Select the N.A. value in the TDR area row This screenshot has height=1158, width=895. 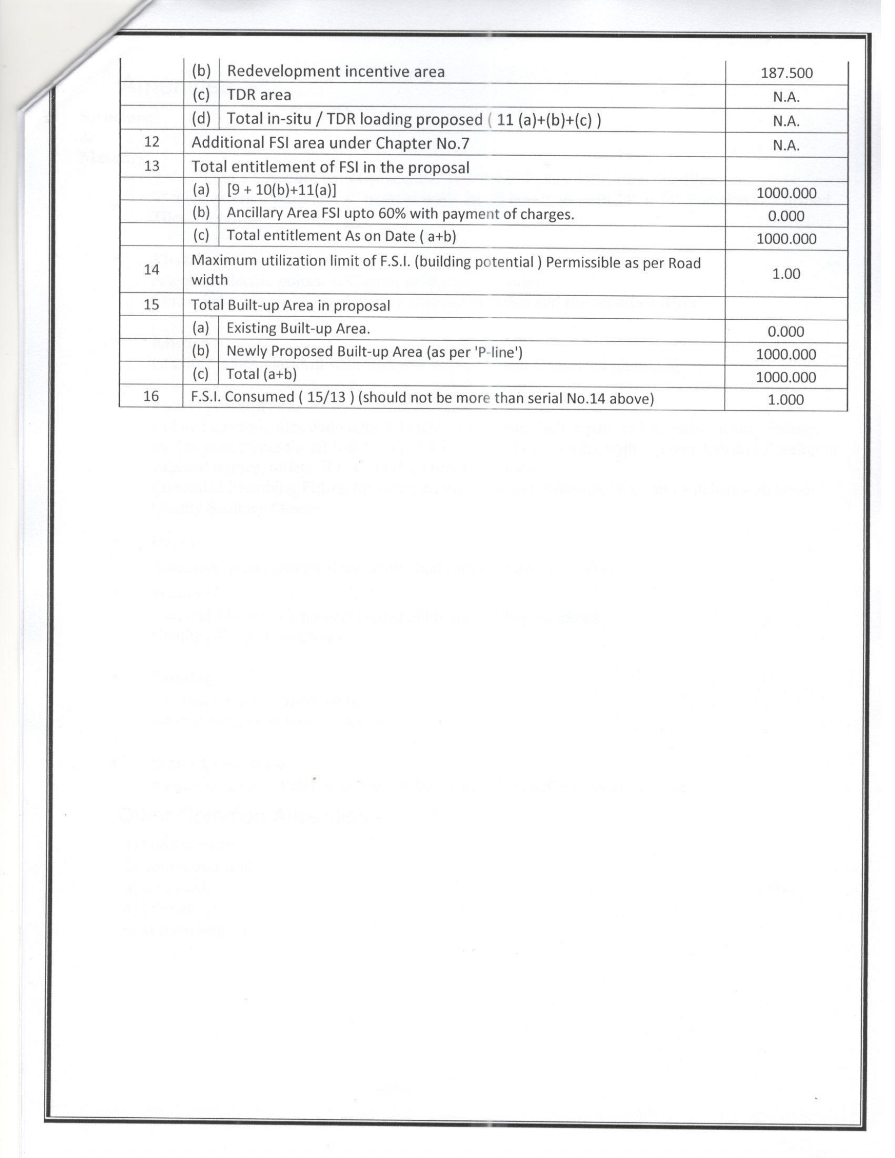(x=786, y=97)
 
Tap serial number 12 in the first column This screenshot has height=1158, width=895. (x=152, y=142)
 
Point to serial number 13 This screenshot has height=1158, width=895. (x=152, y=166)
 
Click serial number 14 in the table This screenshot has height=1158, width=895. (x=152, y=269)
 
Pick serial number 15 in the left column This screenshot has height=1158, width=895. (x=152, y=305)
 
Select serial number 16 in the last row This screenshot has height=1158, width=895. (x=151, y=396)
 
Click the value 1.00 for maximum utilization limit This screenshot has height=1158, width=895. (x=786, y=274)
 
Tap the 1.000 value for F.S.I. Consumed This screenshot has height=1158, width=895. (x=786, y=400)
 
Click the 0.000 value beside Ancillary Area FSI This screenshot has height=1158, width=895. (x=786, y=216)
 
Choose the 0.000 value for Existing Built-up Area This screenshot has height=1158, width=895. (x=786, y=331)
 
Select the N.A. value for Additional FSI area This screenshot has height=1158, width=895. (x=786, y=145)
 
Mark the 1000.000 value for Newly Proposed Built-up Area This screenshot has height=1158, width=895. (x=786, y=354)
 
